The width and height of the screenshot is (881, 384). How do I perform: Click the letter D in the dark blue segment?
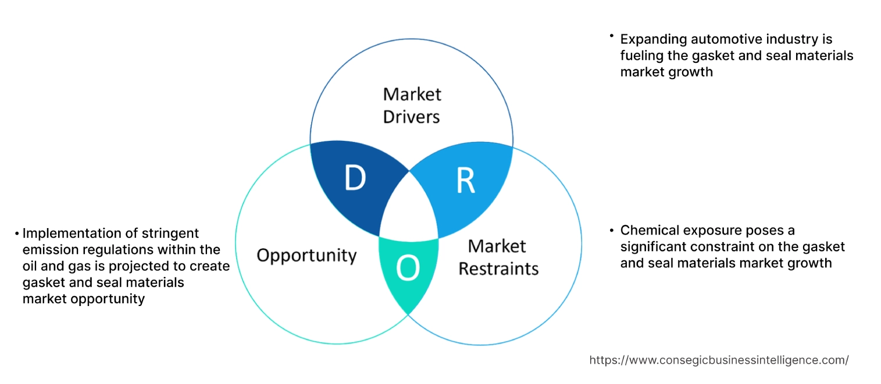[x=355, y=179]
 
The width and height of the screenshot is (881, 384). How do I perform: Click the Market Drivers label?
[x=412, y=105]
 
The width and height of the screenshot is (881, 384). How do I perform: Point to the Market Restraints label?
[x=498, y=257]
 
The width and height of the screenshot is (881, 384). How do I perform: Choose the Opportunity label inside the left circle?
[x=306, y=255]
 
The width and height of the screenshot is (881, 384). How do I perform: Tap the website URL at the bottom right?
[x=719, y=360]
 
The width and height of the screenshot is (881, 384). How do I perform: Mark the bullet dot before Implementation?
[x=17, y=233]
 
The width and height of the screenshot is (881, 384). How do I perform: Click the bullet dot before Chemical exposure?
[x=612, y=230]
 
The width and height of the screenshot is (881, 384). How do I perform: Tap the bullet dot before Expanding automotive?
[x=612, y=36]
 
